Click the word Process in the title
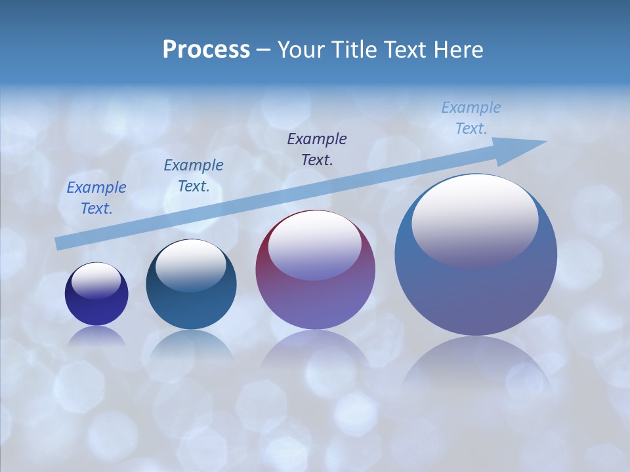pyautogui.click(x=206, y=50)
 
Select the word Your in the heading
pyautogui.click(x=302, y=50)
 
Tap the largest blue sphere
pyautogui.click(x=476, y=288)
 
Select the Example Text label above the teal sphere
pyautogui.click(x=193, y=176)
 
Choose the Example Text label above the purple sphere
pyautogui.click(x=317, y=149)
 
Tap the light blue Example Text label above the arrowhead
pyautogui.click(x=471, y=118)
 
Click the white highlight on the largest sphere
pyautogui.click(x=474, y=220)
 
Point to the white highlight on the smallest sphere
pyautogui.click(x=96, y=281)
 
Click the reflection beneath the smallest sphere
pyautogui.click(x=96, y=336)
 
